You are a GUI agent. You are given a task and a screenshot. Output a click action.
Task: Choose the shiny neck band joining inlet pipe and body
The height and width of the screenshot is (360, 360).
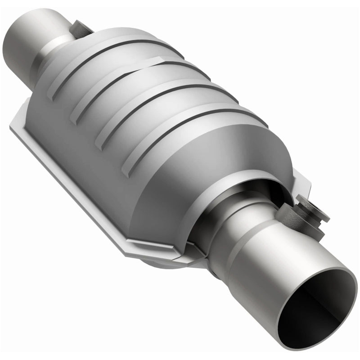(54, 58)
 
